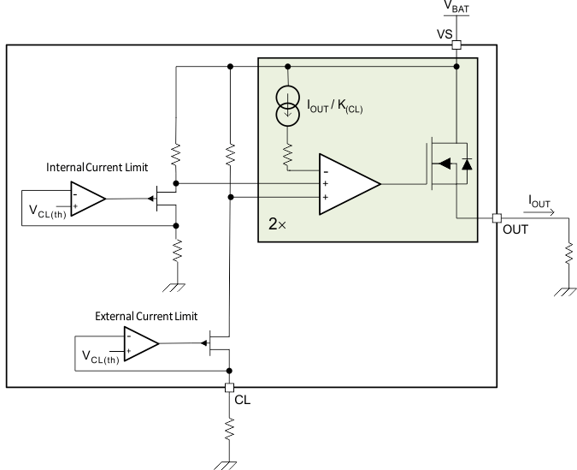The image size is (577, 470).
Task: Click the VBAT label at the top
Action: click(x=456, y=9)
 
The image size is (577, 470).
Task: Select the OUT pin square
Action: click(x=496, y=217)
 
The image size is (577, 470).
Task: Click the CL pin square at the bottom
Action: click(x=229, y=387)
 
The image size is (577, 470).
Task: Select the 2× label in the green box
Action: click(x=276, y=225)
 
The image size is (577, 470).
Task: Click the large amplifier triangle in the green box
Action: click(x=347, y=182)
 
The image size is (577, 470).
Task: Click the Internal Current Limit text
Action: click(x=90, y=165)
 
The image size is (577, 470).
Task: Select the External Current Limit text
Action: click(x=145, y=316)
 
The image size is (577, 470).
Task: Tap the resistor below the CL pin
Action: click(x=229, y=429)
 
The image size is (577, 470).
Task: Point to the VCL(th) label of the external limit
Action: click(x=101, y=355)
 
